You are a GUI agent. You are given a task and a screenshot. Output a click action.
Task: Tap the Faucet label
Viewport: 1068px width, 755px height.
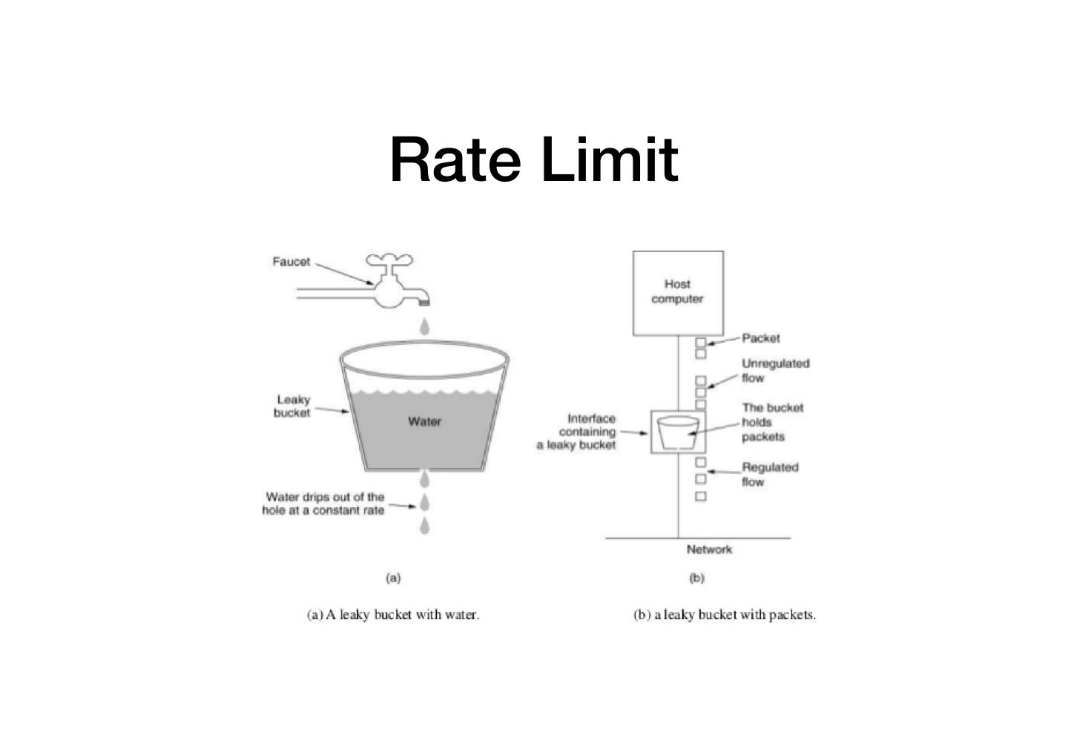(x=291, y=262)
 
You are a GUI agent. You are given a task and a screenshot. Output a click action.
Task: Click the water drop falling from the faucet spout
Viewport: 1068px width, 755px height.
(x=424, y=326)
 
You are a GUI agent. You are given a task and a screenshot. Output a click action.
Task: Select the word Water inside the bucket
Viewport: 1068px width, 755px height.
(x=424, y=421)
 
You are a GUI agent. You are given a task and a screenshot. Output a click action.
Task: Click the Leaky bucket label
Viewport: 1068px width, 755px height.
(x=292, y=406)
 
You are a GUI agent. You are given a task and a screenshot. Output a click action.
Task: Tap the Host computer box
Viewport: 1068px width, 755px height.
(x=677, y=292)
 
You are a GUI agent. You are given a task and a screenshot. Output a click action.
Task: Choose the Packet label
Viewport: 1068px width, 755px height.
(x=761, y=338)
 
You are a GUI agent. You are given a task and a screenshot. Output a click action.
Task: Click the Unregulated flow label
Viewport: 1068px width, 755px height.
(x=775, y=370)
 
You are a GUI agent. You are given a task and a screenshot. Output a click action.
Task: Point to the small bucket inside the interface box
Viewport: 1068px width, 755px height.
(x=678, y=432)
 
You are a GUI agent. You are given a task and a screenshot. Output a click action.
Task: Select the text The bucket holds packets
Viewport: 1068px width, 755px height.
(x=771, y=422)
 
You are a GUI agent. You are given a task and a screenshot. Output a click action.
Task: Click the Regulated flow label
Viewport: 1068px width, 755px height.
(x=770, y=474)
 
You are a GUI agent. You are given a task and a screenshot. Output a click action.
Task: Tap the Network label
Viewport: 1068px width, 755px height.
(x=709, y=550)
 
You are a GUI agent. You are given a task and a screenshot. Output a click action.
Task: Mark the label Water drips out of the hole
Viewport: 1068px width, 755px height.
(x=324, y=504)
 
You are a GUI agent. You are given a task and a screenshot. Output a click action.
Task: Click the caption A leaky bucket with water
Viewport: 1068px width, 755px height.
(x=393, y=615)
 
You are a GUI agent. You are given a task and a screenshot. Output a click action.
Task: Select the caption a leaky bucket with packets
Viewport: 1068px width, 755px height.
(x=725, y=615)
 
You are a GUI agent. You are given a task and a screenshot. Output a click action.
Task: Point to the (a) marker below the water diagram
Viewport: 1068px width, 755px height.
(x=393, y=578)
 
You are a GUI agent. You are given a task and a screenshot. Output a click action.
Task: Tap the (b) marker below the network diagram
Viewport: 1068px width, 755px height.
(x=696, y=578)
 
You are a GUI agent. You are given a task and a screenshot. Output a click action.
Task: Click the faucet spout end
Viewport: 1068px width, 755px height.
(x=425, y=300)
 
